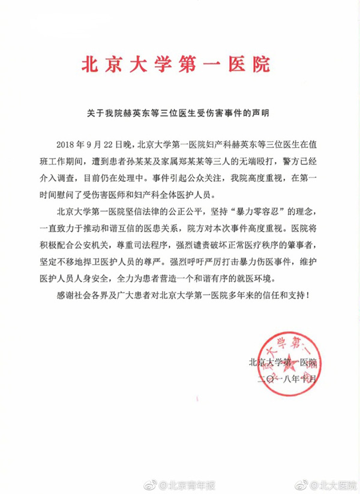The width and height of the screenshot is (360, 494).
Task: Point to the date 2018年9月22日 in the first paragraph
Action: point(92,145)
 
